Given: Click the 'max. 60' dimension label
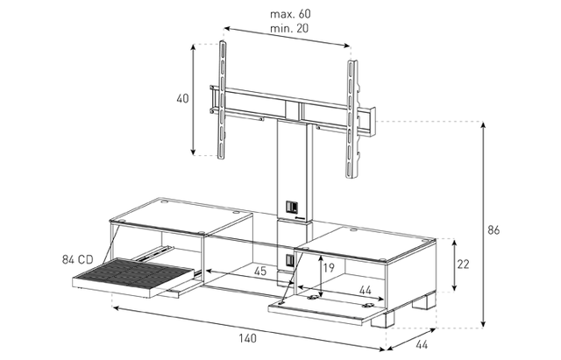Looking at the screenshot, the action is tap(290, 14).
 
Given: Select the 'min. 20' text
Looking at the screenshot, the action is tap(289, 28).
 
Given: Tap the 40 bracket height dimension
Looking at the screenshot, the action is tap(182, 99).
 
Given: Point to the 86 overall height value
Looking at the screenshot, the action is tap(494, 229).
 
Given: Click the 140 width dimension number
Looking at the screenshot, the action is tap(247, 338).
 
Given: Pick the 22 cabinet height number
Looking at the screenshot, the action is tap(463, 265).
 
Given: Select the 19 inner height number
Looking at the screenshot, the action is tap(329, 267).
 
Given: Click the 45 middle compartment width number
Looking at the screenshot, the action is tap(260, 271).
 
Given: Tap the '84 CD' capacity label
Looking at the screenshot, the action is tap(78, 259).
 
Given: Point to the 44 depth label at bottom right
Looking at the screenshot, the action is tap(422, 344).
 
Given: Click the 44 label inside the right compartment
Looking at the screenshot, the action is tap(365, 290).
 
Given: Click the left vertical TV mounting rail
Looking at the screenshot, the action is tap(222, 100).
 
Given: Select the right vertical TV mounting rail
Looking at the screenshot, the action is tap(351, 119).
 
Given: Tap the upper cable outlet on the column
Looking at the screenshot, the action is tap(291, 207).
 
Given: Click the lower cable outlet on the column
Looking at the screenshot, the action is tap(290, 260).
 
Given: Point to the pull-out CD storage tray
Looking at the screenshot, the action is tap(134, 278).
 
